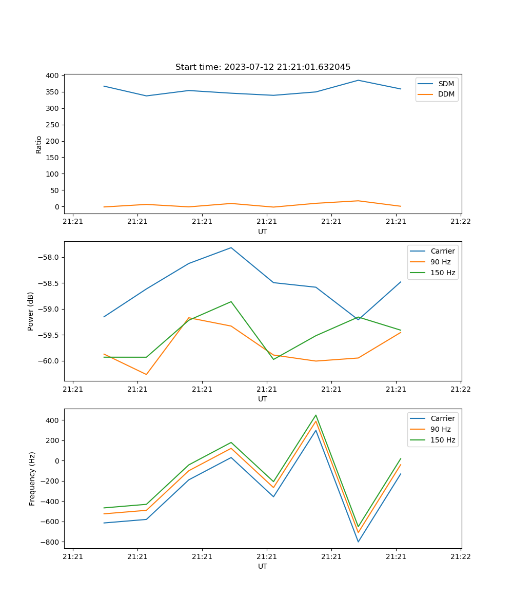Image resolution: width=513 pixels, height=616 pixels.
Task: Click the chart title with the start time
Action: [263, 67]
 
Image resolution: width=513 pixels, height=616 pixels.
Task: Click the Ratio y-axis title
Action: [39, 144]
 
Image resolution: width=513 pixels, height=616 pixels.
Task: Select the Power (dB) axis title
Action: [31, 311]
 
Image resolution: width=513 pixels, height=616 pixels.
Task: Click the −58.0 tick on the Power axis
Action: [48, 257]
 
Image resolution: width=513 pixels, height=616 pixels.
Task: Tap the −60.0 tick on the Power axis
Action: [48, 361]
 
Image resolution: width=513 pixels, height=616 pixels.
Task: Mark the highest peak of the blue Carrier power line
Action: [231, 248]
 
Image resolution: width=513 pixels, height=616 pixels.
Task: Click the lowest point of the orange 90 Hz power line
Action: [146, 374]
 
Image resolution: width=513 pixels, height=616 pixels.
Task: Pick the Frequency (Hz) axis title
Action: [32, 478]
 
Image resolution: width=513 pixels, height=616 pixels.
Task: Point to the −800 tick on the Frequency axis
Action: [50, 542]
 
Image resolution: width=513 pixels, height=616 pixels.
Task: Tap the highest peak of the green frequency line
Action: [316, 415]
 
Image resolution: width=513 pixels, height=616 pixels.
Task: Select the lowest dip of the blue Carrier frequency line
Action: [358, 542]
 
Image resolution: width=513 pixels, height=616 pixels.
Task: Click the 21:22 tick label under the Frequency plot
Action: [460, 556]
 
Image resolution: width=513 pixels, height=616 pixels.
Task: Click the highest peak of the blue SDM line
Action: [358, 80]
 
